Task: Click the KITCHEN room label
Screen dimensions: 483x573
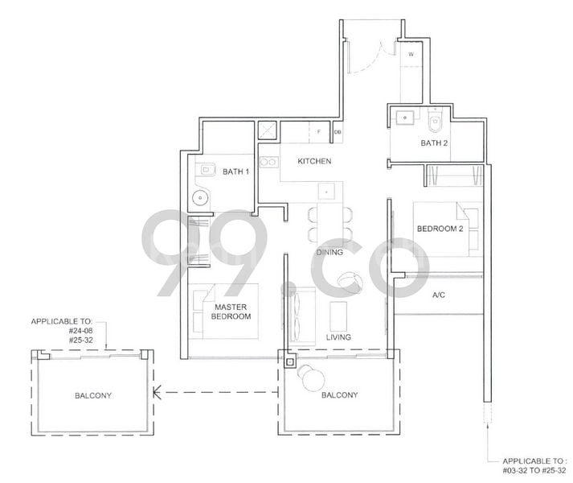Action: pos(314,162)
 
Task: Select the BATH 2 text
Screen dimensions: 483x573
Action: pos(435,144)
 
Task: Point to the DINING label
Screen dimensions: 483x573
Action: pos(329,252)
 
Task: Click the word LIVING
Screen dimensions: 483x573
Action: pos(338,336)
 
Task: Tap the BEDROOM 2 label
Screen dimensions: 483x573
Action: pos(440,229)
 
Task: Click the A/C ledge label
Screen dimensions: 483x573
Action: pos(439,295)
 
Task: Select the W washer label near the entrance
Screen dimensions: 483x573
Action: pos(411,55)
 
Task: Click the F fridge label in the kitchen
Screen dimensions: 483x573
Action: pos(319,131)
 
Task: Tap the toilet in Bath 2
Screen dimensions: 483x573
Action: pos(436,122)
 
